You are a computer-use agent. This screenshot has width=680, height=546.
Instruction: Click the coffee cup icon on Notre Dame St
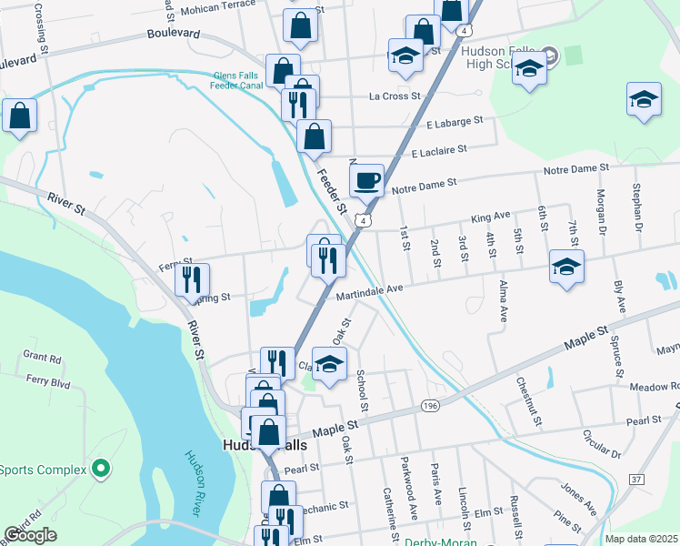(x=366, y=179)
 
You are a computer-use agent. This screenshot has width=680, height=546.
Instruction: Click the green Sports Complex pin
(x=100, y=470)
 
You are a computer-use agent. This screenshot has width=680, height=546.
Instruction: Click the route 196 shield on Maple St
(x=430, y=405)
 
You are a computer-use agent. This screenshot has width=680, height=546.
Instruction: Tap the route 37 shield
(x=636, y=479)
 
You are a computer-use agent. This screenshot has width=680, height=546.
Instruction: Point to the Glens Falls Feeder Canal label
(x=250, y=81)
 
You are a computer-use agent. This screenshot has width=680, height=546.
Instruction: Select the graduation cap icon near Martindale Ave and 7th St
(x=566, y=267)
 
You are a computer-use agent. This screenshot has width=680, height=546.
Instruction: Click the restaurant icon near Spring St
(x=192, y=279)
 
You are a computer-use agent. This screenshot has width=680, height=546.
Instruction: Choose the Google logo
(x=30, y=535)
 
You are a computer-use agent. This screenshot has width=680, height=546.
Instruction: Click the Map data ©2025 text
(x=641, y=539)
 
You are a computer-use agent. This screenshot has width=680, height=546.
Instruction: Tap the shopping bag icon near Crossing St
(x=19, y=116)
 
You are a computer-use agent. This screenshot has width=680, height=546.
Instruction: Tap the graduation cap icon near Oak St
(x=330, y=365)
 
